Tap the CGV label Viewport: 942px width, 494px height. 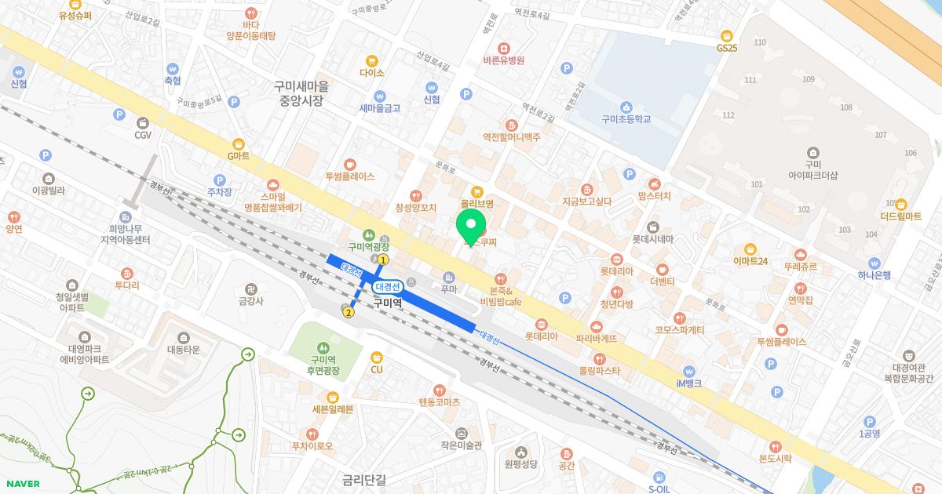[x=143, y=135]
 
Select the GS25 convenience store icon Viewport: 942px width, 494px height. [x=727, y=35]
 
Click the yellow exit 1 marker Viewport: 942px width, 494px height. [x=383, y=259]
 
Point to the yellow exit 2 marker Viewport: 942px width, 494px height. [x=349, y=312]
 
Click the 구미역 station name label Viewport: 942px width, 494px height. [x=388, y=302]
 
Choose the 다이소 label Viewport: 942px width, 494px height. [x=371, y=72]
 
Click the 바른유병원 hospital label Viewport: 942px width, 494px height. [x=504, y=60]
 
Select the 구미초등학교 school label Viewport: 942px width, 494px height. [x=626, y=119]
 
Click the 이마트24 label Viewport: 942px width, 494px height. [x=750, y=261]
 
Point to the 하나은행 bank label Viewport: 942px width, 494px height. [x=874, y=274]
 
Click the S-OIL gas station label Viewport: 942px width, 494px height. [x=659, y=489]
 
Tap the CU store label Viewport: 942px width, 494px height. [x=376, y=369]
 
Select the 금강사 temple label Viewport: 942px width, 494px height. [x=251, y=300]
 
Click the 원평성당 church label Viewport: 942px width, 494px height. [x=520, y=463]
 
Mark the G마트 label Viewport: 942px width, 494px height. [x=238, y=156]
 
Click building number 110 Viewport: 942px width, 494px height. [x=759, y=42]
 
